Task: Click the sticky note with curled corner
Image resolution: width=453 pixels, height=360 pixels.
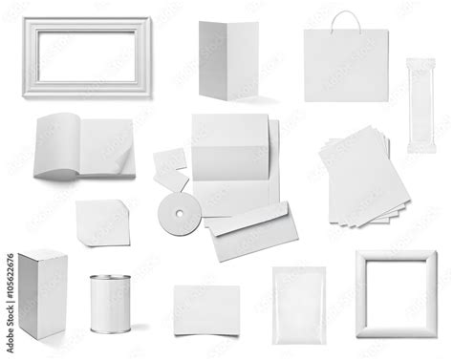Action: coord(103,223)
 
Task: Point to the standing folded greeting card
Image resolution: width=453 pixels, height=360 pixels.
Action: coord(229,59)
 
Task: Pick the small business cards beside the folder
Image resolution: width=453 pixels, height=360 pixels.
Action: coord(171,168)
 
